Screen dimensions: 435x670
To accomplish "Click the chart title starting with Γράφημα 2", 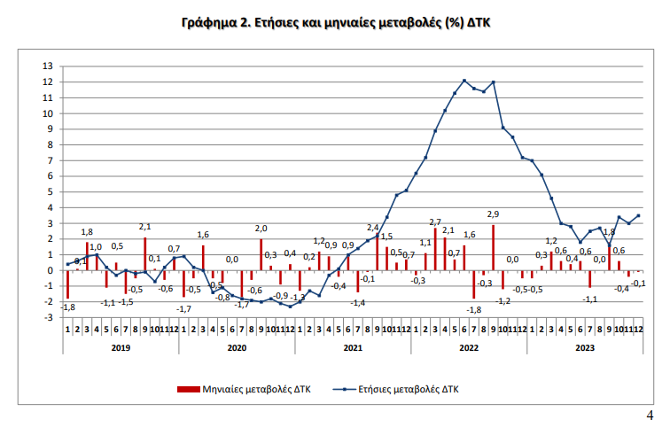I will (335, 20).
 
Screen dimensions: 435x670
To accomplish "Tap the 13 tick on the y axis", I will (48, 66).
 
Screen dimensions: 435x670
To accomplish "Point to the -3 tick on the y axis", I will (48, 317).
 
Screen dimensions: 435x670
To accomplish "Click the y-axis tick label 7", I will (50, 160).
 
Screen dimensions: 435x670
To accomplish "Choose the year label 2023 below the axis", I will (585, 348).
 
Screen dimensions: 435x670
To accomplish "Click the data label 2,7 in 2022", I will (435, 221).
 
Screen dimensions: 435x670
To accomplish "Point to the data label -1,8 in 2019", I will (68, 307).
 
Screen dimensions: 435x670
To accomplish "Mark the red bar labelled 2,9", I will (494, 247).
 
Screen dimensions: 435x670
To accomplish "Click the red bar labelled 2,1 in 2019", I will (144, 253).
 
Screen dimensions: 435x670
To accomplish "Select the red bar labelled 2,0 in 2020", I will (261, 254).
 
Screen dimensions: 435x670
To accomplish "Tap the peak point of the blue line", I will (464, 81).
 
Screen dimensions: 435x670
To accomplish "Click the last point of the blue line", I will (639, 215).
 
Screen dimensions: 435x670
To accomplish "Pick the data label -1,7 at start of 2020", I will (184, 307).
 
